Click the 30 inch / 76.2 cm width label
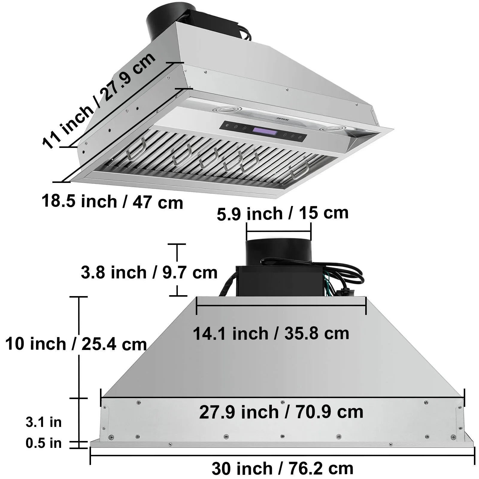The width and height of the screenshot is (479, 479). (x=282, y=469)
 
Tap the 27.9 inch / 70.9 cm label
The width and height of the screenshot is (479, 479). (x=281, y=412)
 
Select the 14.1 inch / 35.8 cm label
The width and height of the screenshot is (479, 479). (x=271, y=333)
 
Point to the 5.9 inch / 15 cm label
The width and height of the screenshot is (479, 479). (x=283, y=213)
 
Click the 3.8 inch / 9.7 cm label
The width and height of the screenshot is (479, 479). (x=149, y=272)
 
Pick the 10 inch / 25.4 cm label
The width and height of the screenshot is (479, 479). (x=76, y=344)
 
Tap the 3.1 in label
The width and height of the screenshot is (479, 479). (x=44, y=422)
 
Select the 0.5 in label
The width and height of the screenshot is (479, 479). (x=44, y=443)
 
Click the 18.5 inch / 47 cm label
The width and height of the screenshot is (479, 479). (x=112, y=201)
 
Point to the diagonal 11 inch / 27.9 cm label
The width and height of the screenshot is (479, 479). (x=99, y=100)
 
